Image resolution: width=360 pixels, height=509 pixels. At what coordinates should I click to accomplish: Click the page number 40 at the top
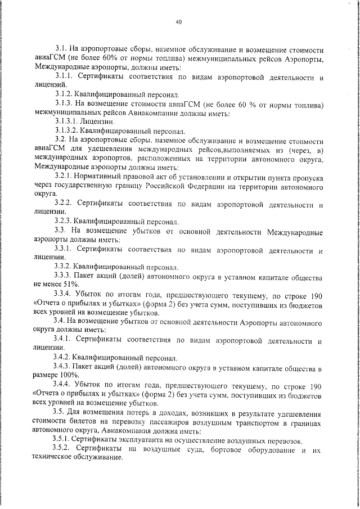[178, 22]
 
